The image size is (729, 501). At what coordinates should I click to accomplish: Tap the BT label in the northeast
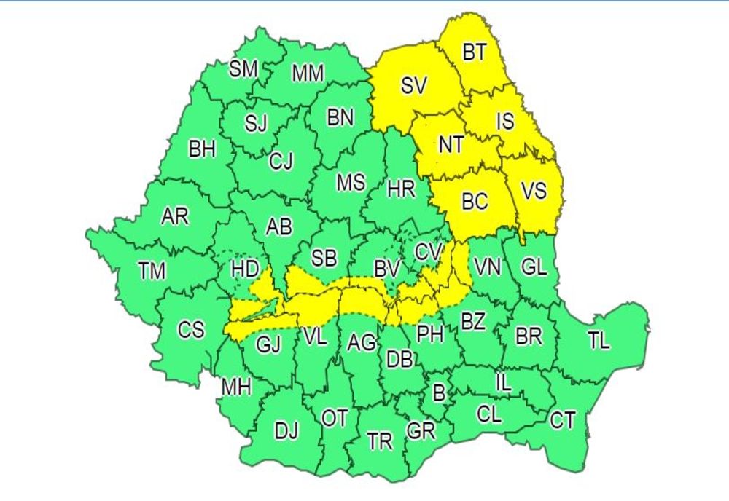(475, 52)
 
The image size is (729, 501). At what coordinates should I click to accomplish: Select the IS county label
(505, 121)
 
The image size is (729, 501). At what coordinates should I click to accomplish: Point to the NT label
(451, 145)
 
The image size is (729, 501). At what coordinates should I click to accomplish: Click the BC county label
(475, 200)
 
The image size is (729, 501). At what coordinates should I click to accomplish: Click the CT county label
(562, 420)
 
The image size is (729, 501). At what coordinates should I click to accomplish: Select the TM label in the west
(152, 272)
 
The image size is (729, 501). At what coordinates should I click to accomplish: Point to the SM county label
(243, 69)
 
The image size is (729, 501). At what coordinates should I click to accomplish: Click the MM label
(308, 74)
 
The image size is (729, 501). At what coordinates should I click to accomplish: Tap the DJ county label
(286, 431)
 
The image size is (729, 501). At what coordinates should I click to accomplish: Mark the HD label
(244, 269)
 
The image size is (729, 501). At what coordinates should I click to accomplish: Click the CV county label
(429, 252)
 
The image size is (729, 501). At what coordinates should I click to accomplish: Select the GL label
(534, 267)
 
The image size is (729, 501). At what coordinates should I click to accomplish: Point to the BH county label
(202, 150)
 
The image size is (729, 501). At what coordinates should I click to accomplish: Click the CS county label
(191, 330)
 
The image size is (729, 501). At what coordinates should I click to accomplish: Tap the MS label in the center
(350, 182)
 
